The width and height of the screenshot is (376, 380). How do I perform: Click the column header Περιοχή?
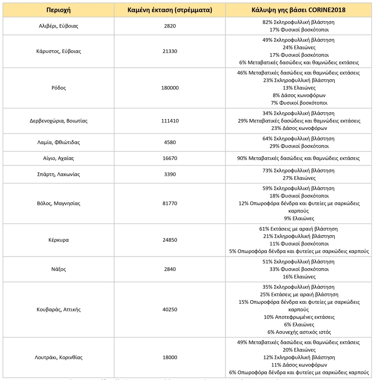coord(59,10)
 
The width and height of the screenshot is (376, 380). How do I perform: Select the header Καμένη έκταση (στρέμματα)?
coord(170,10)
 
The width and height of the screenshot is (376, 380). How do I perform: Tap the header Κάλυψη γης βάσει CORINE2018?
coord(298,10)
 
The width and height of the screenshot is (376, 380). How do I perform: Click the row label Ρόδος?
coord(59,88)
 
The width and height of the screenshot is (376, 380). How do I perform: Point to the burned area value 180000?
coord(170,88)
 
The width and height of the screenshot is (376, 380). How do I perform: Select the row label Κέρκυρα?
coord(59,240)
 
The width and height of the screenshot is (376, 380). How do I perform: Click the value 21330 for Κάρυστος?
coord(170,51)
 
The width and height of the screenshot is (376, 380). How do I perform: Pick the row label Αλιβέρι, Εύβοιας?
coord(59,26)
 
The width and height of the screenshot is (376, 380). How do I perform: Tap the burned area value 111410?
coord(170,121)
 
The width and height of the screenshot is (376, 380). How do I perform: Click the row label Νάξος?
coord(59,269)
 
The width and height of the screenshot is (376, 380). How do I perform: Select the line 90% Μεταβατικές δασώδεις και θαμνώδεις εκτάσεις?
coord(298,158)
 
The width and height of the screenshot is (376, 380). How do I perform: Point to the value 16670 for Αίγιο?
coord(170,158)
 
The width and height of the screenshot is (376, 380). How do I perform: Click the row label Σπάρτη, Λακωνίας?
coord(59,174)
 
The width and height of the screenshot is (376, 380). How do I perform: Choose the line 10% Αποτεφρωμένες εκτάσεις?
coord(299,317)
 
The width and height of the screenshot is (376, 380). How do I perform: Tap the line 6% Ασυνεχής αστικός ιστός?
coord(299,332)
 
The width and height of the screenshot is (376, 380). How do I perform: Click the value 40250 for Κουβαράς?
coord(170,310)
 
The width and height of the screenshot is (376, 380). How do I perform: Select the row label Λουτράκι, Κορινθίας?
coord(59,357)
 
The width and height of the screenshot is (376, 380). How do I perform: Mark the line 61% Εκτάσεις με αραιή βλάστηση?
coord(298,229)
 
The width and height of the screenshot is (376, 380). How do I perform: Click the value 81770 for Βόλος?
coord(170,203)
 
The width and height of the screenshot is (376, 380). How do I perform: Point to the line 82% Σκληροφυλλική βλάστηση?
coord(298,22)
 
